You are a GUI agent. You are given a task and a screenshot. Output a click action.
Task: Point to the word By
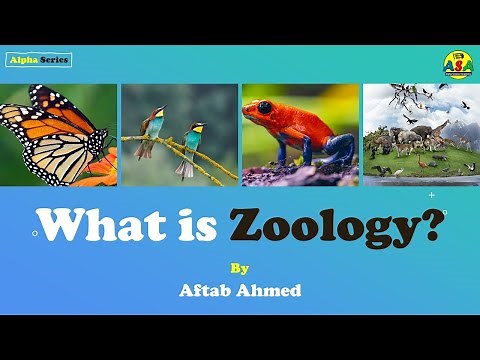238,268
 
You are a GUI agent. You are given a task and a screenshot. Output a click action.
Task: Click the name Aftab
207,291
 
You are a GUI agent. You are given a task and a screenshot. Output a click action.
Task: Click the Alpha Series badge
39,60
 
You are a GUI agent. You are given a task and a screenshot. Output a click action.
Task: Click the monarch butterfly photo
58,134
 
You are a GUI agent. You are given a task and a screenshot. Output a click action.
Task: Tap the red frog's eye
264,107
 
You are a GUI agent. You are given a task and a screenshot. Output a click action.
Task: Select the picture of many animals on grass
420,134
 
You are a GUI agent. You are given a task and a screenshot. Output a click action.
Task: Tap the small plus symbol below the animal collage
431,195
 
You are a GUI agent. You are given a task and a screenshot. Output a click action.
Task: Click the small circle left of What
36,233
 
